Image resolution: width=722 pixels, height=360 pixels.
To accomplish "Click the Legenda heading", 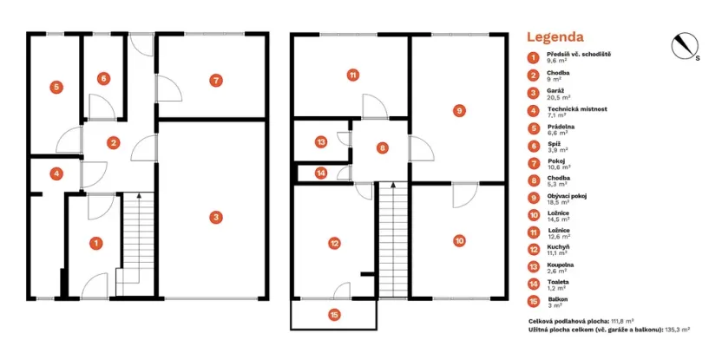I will (x=555, y=37).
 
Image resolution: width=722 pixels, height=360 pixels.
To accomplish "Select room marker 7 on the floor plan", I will (x=214, y=80).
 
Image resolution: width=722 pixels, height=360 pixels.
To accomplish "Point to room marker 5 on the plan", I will (x=56, y=87).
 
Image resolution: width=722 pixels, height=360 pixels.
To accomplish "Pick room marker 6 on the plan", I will (x=103, y=79).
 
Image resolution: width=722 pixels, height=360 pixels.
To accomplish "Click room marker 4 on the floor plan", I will (x=56, y=173).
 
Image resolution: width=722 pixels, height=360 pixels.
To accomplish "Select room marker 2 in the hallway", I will (x=113, y=143).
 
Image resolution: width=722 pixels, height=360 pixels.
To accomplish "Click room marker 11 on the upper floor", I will (x=351, y=75).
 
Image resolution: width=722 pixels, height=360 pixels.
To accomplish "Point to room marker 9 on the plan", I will (x=459, y=110).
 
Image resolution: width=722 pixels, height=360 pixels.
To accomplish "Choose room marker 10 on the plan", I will (x=459, y=240).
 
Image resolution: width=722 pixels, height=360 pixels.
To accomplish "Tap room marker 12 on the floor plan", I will (x=334, y=244).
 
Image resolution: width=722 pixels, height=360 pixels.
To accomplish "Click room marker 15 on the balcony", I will (x=334, y=315).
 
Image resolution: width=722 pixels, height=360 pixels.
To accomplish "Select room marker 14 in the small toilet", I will (x=321, y=173).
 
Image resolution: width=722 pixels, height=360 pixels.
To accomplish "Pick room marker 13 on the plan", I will (x=321, y=141).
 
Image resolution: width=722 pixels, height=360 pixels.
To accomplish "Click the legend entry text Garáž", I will (x=556, y=90).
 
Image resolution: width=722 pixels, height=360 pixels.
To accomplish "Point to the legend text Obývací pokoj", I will (x=567, y=196).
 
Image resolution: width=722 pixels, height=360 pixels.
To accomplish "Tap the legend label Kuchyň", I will (x=558, y=248).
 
